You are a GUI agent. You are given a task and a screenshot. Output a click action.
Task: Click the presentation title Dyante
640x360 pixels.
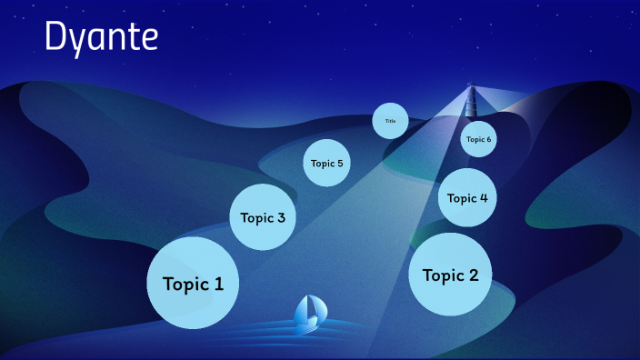[x=101, y=38]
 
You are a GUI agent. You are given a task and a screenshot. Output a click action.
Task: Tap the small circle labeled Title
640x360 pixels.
[x=390, y=121]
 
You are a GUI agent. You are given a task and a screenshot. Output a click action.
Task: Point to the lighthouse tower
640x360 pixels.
[x=471, y=101]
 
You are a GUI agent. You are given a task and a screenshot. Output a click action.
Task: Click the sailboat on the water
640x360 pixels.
[x=308, y=314]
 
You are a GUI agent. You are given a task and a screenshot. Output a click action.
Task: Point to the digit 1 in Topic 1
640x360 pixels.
[x=218, y=284]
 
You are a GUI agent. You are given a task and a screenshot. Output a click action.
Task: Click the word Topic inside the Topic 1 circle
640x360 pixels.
[x=185, y=285]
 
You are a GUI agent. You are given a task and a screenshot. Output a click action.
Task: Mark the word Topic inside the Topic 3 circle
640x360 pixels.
[x=256, y=218]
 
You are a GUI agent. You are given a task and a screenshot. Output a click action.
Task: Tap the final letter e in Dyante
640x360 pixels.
[x=149, y=40]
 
